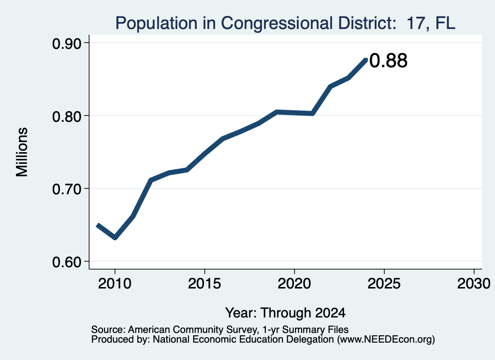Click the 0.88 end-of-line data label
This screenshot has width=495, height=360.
388,60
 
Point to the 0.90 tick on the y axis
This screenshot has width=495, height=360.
66,43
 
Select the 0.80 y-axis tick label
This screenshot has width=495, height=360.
66,116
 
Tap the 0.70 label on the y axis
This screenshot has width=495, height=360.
66,189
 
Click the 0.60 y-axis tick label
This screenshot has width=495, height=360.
66,262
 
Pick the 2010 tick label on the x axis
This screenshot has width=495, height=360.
115,284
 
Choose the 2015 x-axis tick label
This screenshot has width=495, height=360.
204,284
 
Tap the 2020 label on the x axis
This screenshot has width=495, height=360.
294,284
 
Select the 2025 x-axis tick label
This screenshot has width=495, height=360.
384,284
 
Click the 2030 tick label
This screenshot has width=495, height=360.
474,284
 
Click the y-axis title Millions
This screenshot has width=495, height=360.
22,152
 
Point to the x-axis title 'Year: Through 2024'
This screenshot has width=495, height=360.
285,313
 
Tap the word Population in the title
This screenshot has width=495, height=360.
157,24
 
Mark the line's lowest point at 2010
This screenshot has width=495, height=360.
115,237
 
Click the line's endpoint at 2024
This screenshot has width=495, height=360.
366,59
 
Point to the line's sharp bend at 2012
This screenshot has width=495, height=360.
151,180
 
